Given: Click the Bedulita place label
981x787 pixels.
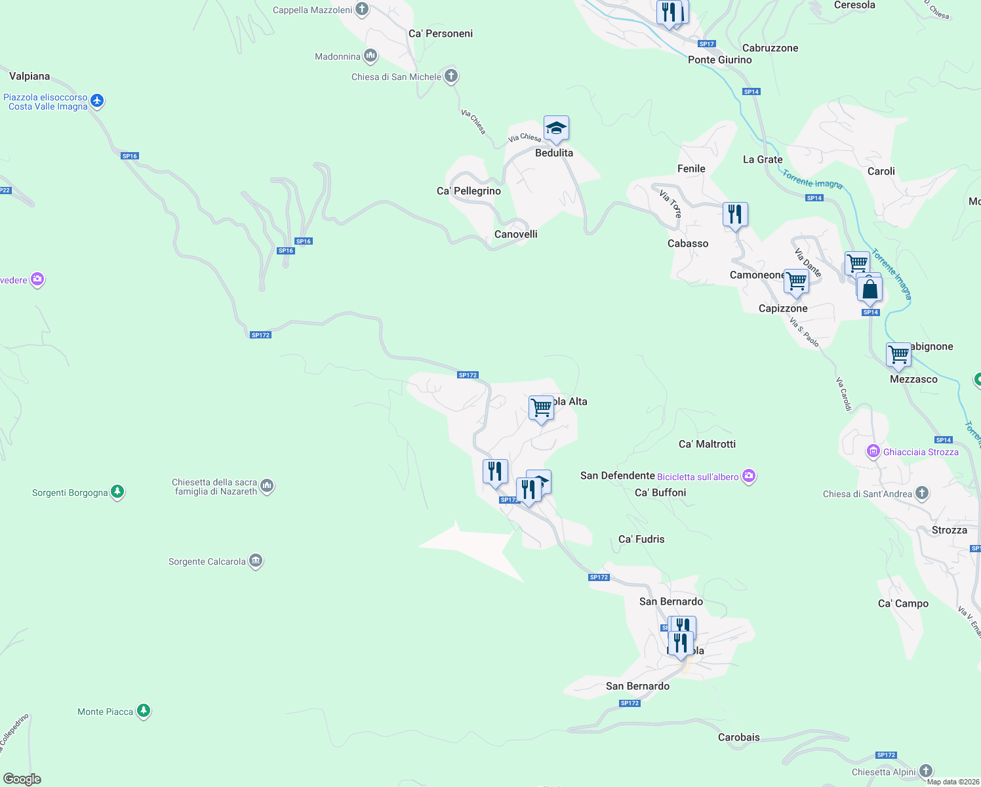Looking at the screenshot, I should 554,153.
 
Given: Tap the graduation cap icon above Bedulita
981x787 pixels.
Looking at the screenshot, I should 556,129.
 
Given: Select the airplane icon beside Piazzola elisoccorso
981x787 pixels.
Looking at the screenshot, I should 98,101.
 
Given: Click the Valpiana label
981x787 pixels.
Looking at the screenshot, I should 30,76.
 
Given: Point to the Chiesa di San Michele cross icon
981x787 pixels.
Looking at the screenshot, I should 451,76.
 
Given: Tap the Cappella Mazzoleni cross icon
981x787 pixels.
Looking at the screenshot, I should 362,9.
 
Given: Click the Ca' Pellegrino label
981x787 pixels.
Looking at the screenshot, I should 469,191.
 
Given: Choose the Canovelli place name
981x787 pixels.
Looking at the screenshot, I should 516,234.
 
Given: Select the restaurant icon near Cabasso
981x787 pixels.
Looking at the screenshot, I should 735,214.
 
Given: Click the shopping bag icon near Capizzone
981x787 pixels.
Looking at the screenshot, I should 870,289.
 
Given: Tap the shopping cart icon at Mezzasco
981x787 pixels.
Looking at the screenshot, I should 898,355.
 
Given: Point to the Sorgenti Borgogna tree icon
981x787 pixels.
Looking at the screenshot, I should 117,492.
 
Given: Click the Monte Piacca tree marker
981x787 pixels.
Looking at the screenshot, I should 144,711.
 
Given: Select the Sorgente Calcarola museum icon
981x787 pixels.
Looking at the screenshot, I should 256,561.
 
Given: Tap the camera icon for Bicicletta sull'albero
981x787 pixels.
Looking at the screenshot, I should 749,477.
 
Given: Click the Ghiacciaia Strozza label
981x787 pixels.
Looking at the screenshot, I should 921,452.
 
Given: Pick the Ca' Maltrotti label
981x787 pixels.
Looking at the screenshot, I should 707,444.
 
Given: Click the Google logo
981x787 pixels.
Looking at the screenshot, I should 22,779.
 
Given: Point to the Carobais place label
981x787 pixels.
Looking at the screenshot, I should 739,737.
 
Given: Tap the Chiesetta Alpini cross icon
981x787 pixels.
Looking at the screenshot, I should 926,771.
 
